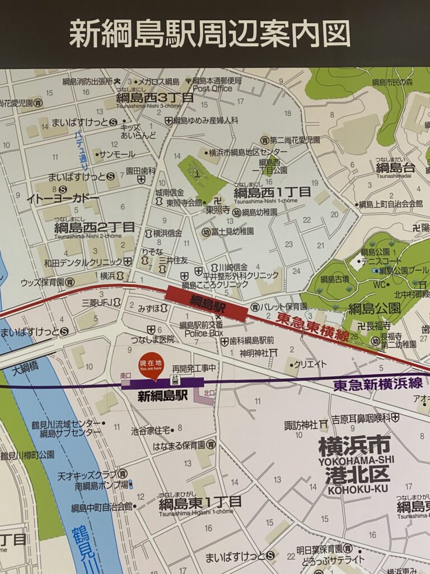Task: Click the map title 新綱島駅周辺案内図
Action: [x=210, y=34]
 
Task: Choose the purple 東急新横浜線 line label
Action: [x=378, y=386]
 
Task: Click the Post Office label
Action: [x=212, y=89]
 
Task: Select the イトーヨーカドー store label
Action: [x=62, y=198]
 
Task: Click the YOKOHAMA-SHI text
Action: [x=356, y=461]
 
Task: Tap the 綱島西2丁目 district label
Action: [x=95, y=228]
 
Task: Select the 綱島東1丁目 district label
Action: [x=200, y=502]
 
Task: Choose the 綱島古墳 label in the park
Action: [x=334, y=279]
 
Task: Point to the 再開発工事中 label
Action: [x=194, y=368]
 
